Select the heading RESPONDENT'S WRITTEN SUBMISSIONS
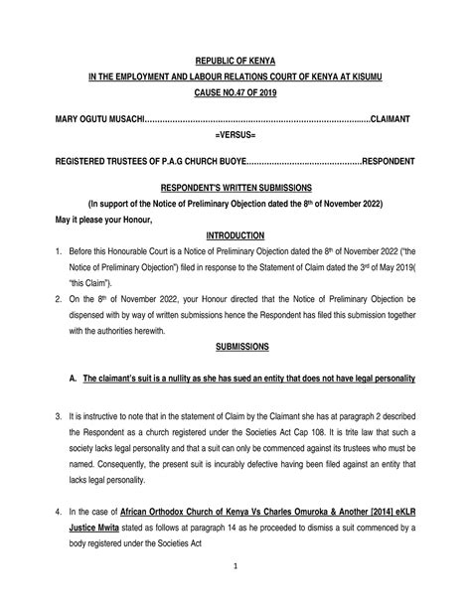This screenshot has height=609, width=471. tap(235, 186)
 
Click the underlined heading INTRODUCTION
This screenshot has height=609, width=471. tap(235, 235)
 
